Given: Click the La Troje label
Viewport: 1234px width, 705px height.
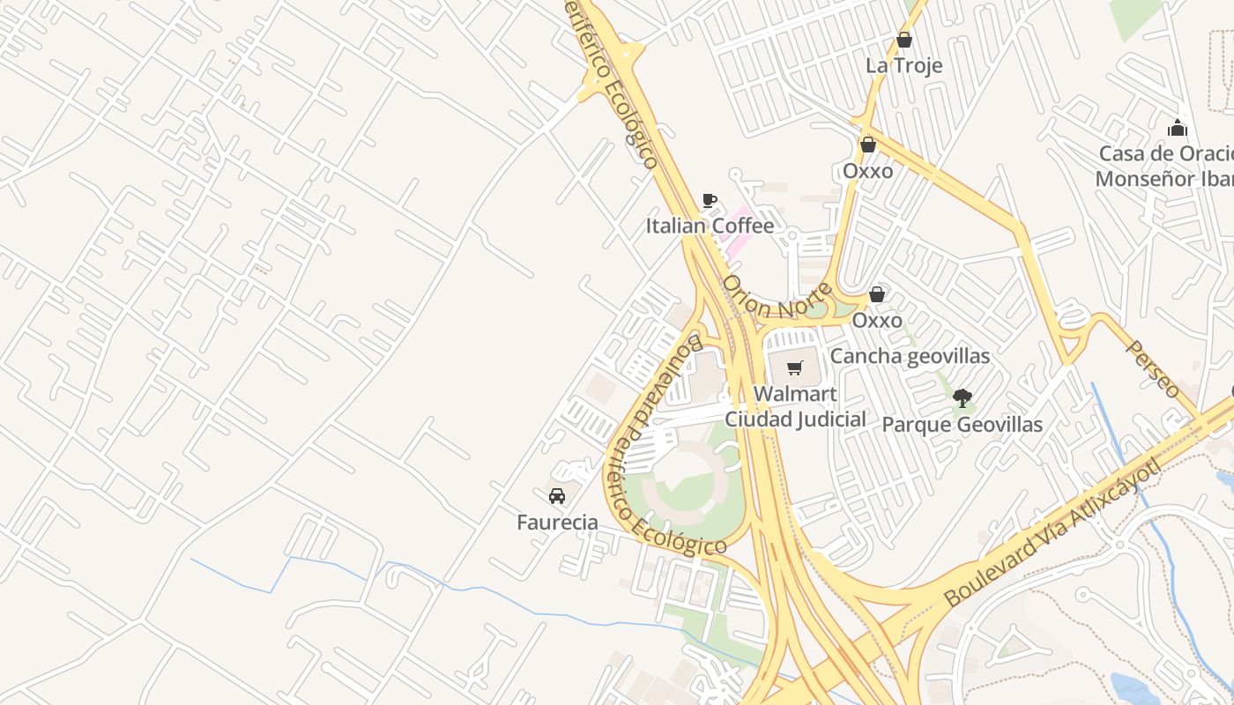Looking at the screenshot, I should [903, 65].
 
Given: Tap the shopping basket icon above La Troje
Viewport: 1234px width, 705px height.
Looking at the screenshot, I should [903, 40].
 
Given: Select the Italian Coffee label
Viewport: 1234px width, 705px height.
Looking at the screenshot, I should [710, 226].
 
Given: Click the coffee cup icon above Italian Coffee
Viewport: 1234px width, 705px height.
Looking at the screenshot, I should [710, 200].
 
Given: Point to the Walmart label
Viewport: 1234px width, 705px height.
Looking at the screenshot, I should [795, 393].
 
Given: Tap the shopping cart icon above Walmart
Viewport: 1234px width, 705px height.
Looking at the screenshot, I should [795, 367].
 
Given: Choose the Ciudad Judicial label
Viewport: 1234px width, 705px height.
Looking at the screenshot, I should [795, 419].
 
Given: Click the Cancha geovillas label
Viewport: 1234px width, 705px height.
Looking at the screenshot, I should [910, 356].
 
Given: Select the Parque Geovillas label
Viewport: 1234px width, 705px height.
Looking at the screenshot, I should [962, 425].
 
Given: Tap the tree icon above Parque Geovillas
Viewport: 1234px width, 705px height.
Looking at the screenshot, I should [962, 398].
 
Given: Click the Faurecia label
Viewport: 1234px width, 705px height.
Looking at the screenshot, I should [557, 523].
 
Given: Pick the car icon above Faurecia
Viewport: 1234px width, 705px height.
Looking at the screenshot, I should [557, 496].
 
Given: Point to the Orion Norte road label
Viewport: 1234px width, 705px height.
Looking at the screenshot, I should [776, 298].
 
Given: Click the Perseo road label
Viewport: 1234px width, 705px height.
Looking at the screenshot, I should [1153, 368].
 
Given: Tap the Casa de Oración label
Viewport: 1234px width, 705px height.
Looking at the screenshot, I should [1163, 153].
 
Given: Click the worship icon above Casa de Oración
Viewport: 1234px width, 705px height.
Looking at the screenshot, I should [1177, 129].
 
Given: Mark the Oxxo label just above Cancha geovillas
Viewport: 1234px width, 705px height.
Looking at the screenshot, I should [876, 320].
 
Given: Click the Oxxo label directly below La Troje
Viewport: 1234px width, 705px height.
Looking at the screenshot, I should [867, 171].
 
